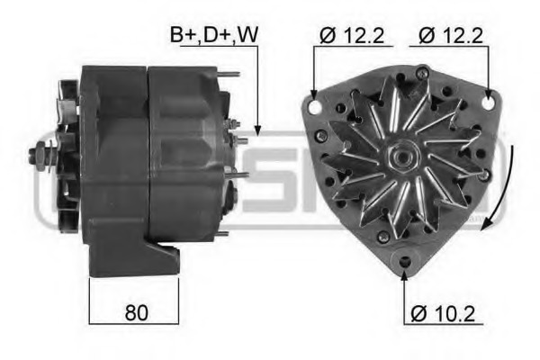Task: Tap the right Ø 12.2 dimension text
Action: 450,35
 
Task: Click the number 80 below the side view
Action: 135,312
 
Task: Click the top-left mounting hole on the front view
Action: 315,106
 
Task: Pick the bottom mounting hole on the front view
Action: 404,262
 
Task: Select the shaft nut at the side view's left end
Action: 39,156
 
